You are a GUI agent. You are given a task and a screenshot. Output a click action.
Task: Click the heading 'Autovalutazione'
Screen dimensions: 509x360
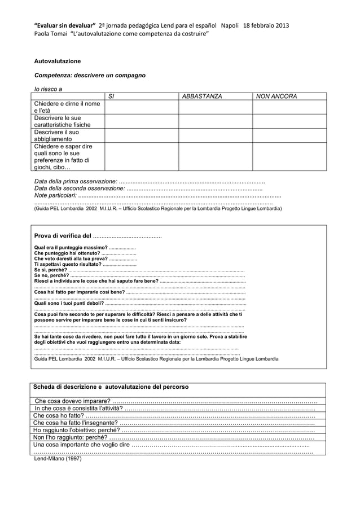point(58,61)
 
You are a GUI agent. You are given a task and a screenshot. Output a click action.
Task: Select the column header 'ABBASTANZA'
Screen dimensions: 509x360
point(201,96)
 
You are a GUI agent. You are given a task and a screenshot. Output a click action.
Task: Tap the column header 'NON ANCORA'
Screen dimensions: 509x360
point(276,96)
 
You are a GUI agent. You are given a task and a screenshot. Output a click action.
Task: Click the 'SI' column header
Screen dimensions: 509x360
point(111,96)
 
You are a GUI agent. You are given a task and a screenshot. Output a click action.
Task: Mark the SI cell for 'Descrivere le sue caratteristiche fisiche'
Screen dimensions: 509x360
point(141,121)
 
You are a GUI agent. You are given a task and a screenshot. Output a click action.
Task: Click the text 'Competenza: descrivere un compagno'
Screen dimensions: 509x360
point(90,75)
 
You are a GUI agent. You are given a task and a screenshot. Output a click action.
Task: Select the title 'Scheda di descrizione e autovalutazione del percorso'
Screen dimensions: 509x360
point(111,387)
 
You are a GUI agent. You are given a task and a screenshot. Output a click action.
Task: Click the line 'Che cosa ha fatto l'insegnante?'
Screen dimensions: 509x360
point(76,423)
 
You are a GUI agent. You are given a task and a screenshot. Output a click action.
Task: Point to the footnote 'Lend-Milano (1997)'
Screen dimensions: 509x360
point(58,459)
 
